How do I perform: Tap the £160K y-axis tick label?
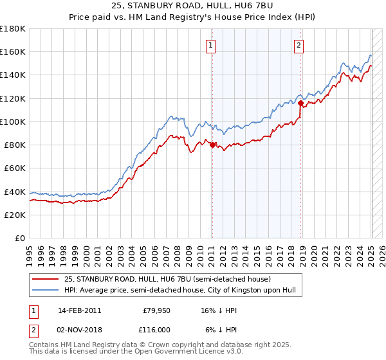[13, 51]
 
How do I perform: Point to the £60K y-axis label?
[15, 168]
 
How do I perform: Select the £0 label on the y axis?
[19, 238]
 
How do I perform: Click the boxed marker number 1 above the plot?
[211, 45]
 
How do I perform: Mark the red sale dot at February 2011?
[212, 145]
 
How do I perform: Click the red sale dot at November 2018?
[300, 103]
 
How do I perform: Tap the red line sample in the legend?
[46, 279]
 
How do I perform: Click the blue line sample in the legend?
[46, 291]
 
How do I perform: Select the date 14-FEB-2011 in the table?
[79, 310]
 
